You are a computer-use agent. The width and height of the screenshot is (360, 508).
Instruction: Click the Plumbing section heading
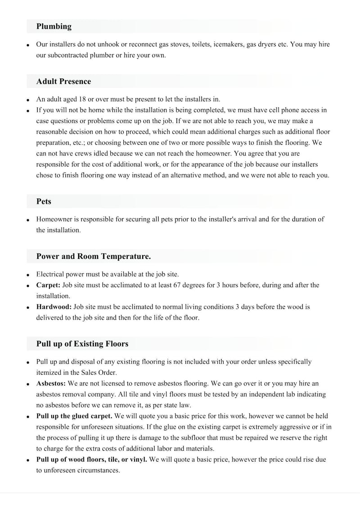coord(54,27)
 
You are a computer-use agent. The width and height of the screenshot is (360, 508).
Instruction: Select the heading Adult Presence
coord(63,81)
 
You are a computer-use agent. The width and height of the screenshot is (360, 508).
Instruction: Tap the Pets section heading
coord(44,201)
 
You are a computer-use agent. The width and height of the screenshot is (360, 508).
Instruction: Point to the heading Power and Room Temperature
coord(93,256)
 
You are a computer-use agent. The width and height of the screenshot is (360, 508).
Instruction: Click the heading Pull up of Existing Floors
coord(82,344)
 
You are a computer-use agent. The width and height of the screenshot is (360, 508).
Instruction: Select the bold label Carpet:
coord(48,285)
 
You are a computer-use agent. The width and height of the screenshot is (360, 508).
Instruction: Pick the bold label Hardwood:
coord(54,307)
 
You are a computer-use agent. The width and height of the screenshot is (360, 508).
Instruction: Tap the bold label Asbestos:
coord(51,383)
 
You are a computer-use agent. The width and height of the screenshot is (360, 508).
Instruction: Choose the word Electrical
coord(50,274)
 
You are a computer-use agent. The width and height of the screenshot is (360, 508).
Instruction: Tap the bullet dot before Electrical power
coord(28,274)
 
